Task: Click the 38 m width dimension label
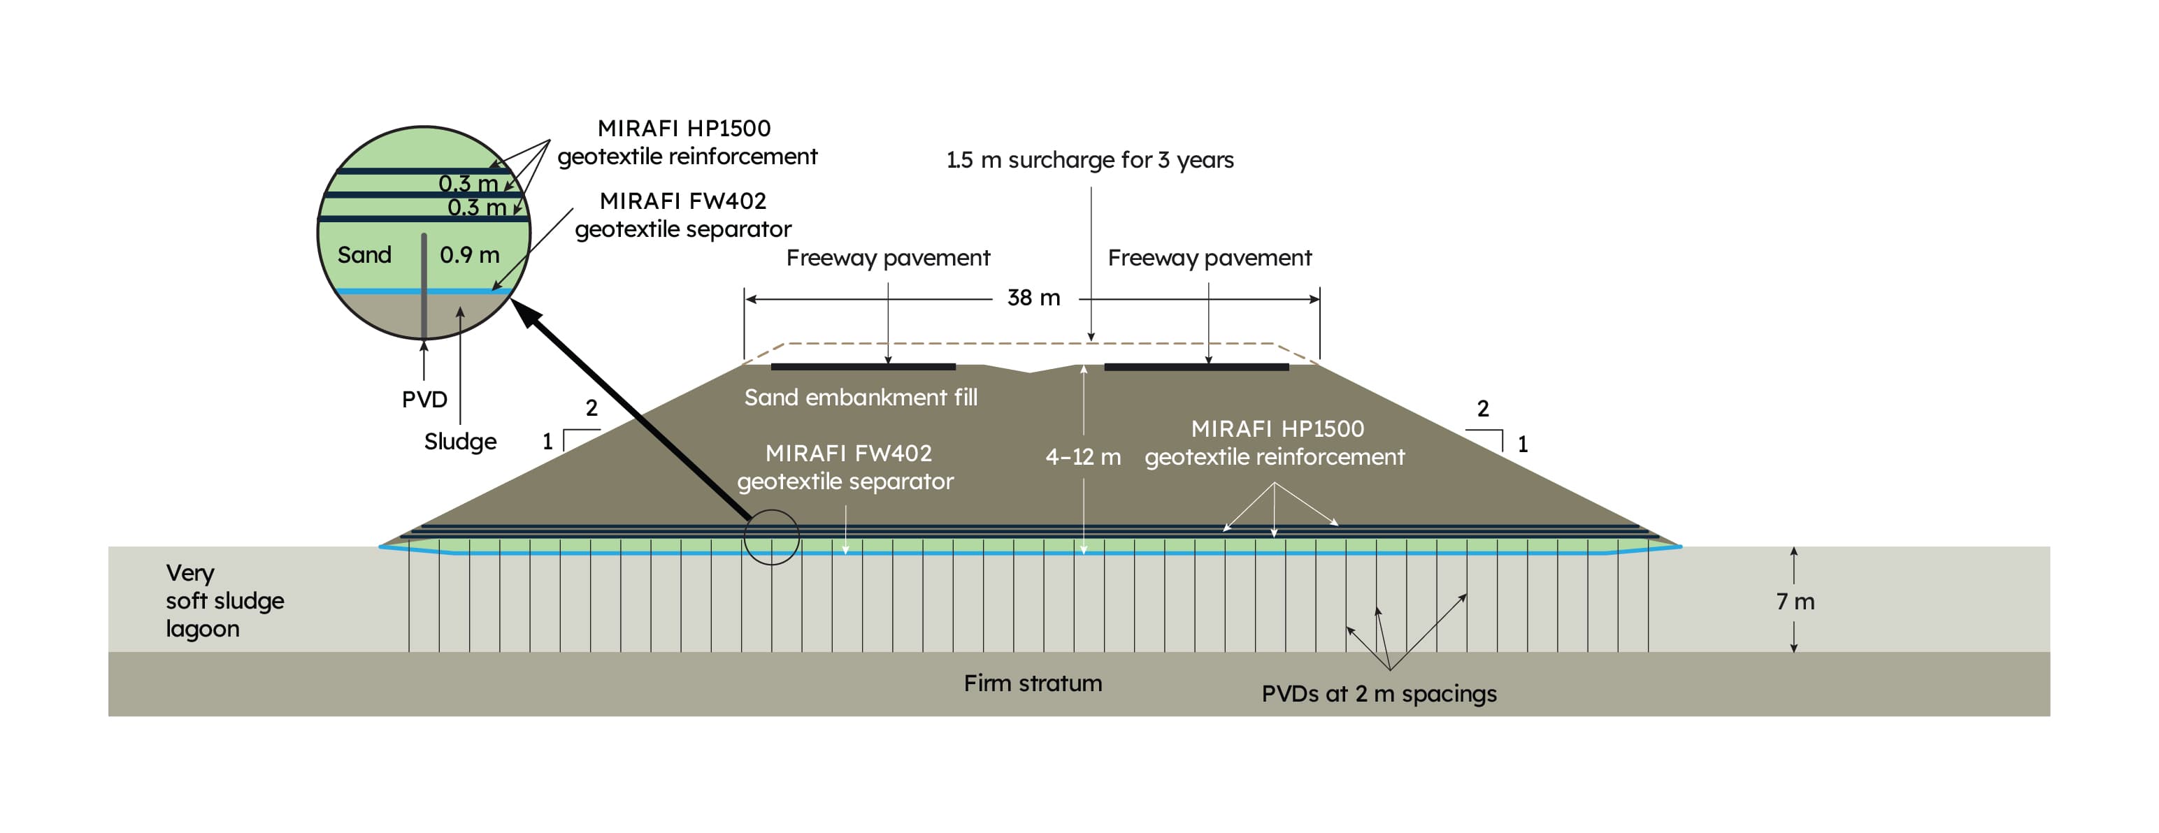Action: coord(1033,298)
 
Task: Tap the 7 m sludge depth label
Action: coord(1795,602)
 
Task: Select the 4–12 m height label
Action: coord(1083,457)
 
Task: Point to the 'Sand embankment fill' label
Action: coord(861,397)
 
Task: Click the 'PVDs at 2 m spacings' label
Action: coord(1379,694)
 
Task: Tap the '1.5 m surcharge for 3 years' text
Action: coord(1089,160)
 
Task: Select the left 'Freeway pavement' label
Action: coord(887,258)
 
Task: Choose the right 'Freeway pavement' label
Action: coord(1210,258)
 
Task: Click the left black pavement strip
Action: coord(863,367)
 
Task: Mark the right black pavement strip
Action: coord(1196,367)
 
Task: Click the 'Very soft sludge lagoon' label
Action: coord(224,601)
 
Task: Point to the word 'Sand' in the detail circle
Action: coord(364,255)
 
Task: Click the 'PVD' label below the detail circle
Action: coord(424,400)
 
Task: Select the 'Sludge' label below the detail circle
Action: coord(460,442)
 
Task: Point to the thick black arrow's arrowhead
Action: coord(526,314)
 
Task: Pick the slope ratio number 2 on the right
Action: coord(1483,409)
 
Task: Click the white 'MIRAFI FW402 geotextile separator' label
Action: coord(847,468)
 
